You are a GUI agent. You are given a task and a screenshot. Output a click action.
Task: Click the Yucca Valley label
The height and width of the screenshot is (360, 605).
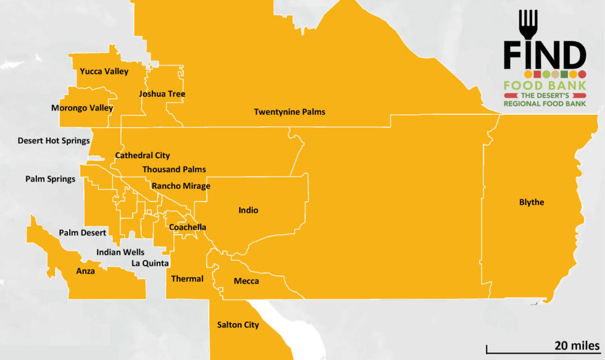coord(104,72)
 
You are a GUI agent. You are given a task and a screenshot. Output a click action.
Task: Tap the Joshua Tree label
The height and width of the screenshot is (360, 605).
coord(162,94)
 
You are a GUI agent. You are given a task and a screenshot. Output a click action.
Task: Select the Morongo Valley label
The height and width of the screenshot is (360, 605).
coord(82,108)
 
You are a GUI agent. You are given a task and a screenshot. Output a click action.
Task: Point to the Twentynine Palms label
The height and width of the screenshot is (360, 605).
coord(290,112)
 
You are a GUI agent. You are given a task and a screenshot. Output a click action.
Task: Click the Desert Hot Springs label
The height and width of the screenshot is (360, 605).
coord(54,141)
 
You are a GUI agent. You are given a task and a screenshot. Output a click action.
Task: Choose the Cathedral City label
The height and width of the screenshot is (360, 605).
coord(143,156)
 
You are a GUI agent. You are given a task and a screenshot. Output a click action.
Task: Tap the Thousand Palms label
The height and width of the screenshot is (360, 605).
coord(174,169)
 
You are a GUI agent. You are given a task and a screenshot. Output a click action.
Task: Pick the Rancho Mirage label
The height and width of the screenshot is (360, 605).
coord(181,186)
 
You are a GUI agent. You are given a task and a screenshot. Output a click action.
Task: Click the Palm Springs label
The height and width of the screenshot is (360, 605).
coord(50,179)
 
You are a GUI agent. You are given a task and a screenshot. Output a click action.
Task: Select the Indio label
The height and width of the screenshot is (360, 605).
coord(248,211)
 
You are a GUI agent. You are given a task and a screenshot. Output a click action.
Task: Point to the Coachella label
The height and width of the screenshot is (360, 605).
coord(188,227)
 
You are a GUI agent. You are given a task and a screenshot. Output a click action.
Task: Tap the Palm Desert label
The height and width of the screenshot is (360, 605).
coord(83,233)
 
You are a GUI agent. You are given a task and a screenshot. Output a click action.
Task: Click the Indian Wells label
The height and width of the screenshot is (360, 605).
coord(120,252)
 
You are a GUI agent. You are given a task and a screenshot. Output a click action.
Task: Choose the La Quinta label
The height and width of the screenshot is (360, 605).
coord(150,263)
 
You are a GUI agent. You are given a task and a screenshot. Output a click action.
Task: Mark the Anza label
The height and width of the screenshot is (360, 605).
coord(85,270)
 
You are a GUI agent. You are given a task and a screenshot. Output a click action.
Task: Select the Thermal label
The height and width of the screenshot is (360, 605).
coord(187,278)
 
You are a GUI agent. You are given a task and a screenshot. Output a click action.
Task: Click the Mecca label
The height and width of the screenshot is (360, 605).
coord(246,282)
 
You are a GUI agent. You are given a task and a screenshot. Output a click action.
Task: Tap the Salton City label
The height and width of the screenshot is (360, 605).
coord(238,325)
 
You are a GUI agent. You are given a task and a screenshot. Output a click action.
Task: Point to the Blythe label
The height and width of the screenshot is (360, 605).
coord(532,202)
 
